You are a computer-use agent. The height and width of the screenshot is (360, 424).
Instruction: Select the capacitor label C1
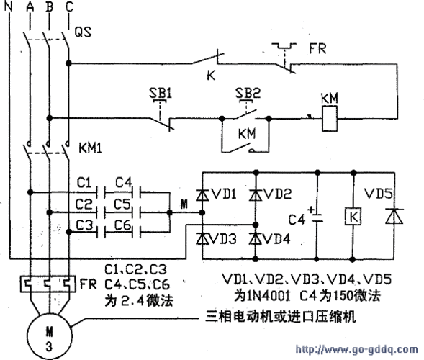click(x=84, y=180)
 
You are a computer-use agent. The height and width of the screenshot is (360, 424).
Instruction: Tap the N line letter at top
click(x=9, y=7)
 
